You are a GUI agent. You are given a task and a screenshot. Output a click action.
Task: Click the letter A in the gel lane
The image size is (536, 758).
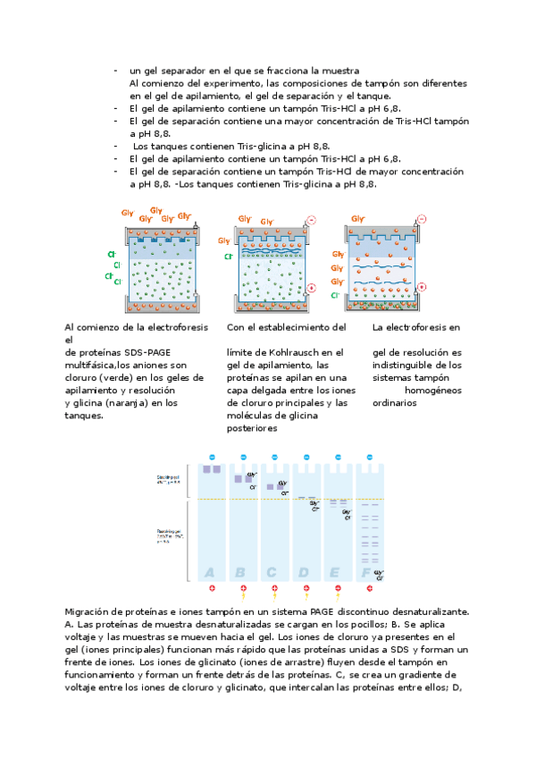pos(210,572)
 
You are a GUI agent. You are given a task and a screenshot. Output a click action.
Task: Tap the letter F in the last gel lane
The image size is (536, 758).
pos(365,572)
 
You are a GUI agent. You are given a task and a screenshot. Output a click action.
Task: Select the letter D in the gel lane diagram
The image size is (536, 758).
pos(305,572)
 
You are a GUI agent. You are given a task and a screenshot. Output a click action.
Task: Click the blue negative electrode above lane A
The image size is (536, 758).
pos(211,457)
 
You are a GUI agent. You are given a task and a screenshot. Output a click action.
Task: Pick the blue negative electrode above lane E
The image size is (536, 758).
pos(337,457)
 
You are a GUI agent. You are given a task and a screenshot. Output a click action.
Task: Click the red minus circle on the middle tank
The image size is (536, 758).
pos(311,220)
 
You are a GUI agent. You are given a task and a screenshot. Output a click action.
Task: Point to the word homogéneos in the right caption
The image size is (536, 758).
pos(433,390)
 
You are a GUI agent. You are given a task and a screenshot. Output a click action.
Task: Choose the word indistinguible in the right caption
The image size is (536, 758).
pos(406,365)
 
